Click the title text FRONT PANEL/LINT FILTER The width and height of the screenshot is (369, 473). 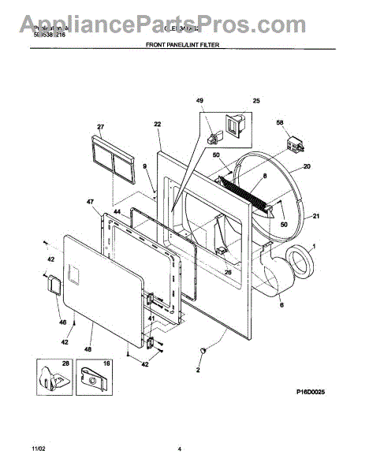coord(182,46)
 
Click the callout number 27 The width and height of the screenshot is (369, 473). coord(100,126)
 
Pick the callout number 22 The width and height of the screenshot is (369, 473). coord(157,125)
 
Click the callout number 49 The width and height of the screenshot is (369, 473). coord(199,101)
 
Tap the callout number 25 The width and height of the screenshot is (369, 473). coord(255,101)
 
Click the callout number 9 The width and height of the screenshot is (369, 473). coord(144,166)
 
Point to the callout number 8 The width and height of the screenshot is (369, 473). coord(265,176)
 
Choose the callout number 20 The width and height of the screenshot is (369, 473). coord(307,166)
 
